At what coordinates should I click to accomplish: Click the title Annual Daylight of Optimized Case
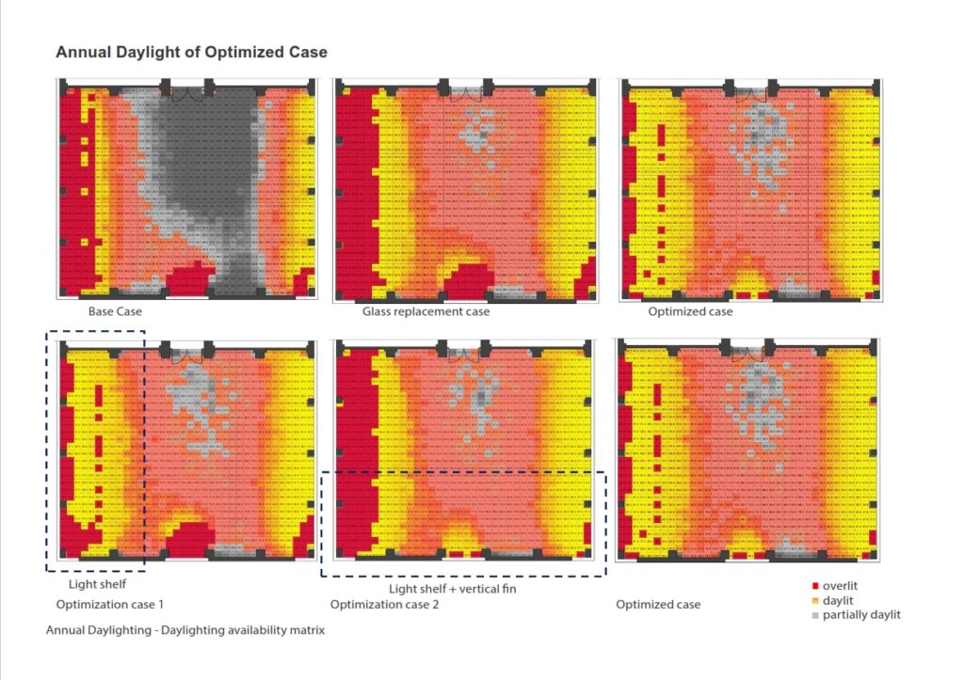(x=191, y=52)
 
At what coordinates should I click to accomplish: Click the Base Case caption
(x=114, y=311)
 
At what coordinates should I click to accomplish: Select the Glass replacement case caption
(x=426, y=311)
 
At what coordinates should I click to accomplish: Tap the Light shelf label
(x=97, y=585)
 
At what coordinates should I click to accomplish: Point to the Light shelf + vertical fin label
(x=453, y=589)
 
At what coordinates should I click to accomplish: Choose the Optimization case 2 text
(x=384, y=604)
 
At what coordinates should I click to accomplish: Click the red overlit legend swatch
(x=813, y=587)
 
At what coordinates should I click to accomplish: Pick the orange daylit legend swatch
(x=813, y=601)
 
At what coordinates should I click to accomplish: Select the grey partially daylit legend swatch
(x=813, y=615)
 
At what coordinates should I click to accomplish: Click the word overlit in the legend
(x=840, y=587)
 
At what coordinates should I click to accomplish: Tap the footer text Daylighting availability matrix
(x=244, y=630)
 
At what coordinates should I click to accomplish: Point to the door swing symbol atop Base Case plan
(x=188, y=92)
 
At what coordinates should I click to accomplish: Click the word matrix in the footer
(x=305, y=630)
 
